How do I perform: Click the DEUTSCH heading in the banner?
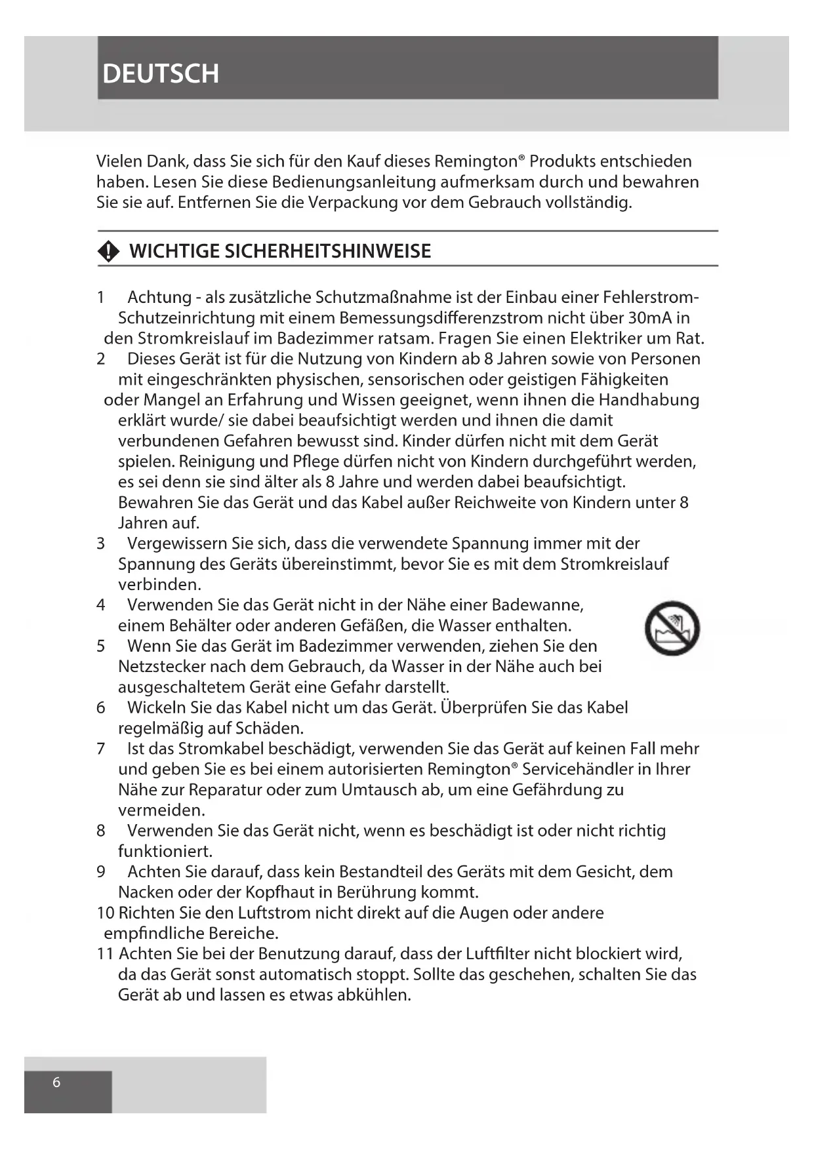pos(161,73)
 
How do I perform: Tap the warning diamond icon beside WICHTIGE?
pos(109,251)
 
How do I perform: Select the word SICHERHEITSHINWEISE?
pos(327,251)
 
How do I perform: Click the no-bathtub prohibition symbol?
pos(672,628)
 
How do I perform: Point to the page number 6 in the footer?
pos(56,1082)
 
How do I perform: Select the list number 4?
pos(100,605)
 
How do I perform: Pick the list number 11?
pos(105,953)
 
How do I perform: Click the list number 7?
pos(100,748)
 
